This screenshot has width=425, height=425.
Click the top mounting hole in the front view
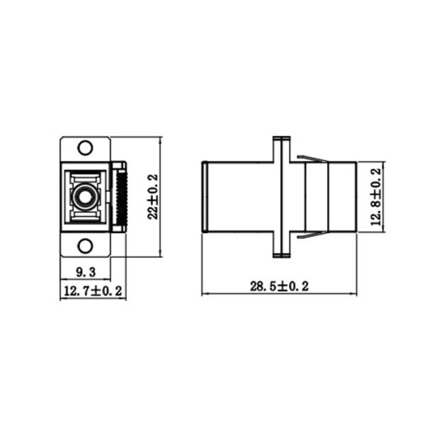click(85, 148)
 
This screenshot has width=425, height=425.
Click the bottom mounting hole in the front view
click(85, 246)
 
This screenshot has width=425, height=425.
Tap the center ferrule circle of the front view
click(86, 196)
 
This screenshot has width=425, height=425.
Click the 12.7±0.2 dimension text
click(93, 290)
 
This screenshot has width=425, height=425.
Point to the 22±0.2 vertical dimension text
click(152, 197)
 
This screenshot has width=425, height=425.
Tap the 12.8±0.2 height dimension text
click(376, 197)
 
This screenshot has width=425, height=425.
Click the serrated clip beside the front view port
click(122, 197)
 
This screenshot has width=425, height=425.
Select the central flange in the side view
click(281, 197)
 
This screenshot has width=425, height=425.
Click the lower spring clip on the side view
click(311, 235)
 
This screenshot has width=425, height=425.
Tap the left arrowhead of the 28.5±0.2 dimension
click(205, 294)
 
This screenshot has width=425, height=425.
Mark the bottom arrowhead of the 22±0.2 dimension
click(161, 253)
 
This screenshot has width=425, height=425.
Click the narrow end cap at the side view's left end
click(204, 197)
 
